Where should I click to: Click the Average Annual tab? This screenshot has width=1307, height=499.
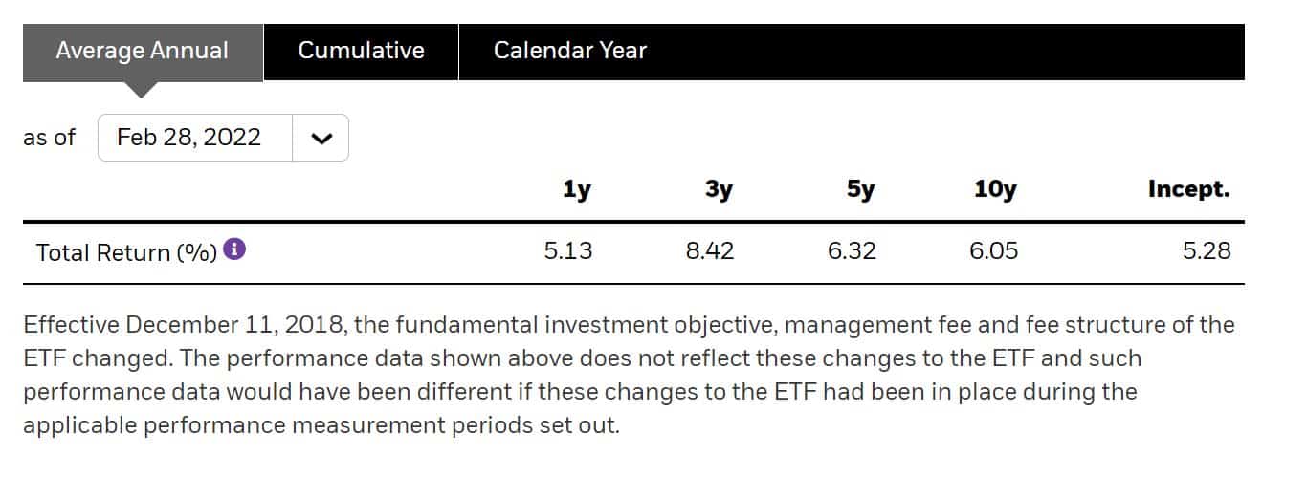pos(142,51)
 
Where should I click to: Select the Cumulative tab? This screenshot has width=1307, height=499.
pos(361,51)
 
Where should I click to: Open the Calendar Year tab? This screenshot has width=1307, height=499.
pos(569,51)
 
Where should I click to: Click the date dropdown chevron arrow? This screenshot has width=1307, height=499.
pos(321,138)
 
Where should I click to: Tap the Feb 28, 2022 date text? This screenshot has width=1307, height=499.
pos(188,138)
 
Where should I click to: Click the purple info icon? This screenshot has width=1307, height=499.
pos(234,250)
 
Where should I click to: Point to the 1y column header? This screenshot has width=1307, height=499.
pos(576,189)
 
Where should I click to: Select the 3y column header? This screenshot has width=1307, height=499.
pos(719,189)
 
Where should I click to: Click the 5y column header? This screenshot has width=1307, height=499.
pos(860,189)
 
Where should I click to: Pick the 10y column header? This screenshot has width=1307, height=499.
pos(994,189)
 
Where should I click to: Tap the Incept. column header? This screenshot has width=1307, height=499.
pos(1188,189)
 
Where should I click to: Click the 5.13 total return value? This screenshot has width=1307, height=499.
pos(567,252)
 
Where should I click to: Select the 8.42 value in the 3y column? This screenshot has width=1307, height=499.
pos(710,252)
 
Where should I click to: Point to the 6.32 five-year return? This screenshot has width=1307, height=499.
pos(852,252)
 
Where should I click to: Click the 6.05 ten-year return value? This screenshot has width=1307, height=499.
pos(993,252)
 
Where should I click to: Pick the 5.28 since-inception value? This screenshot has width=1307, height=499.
pos(1206,252)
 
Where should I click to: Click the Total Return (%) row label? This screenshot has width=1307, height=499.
pos(126,253)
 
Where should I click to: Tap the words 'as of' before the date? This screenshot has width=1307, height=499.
pos(49,138)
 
